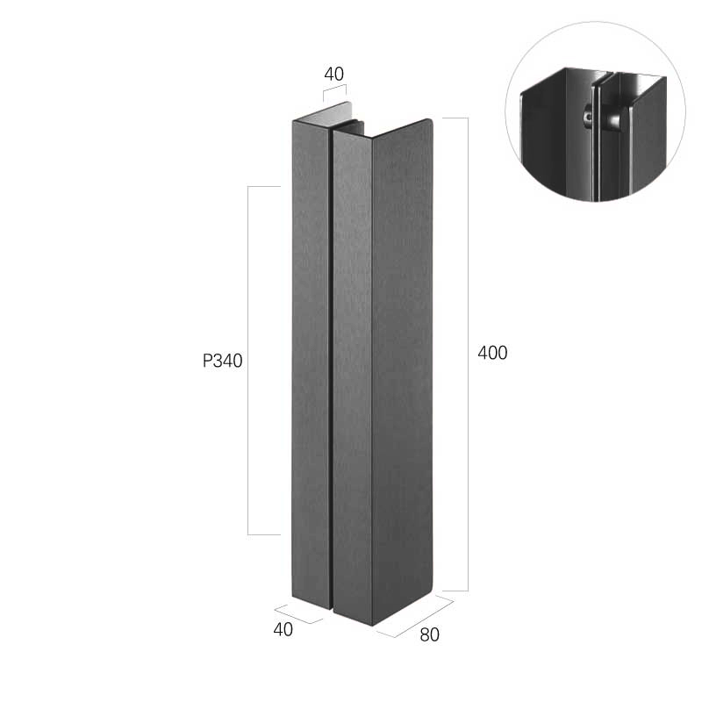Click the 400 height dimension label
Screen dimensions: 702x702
pyautogui.click(x=492, y=353)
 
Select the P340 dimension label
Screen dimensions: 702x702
pyautogui.click(x=223, y=361)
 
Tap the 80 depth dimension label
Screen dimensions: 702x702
pyautogui.click(x=429, y=634)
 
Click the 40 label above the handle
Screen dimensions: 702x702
pyautogui.click(x=334, y=74)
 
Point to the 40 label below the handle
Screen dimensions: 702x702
pyautogui.click(x=283, y=629)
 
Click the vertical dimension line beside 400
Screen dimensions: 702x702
pyautogui.click(x=468, y=355)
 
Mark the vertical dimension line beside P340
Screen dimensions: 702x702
pyautogui.click(x=248, y=361)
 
